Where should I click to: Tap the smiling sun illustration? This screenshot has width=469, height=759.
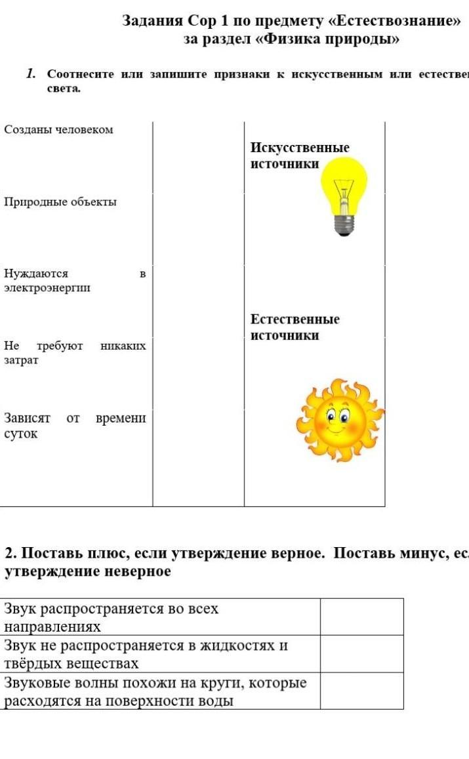338,420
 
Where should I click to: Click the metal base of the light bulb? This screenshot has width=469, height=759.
344,225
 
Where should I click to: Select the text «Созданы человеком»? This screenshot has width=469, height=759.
58,130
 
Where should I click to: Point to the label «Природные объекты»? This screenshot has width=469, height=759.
60,202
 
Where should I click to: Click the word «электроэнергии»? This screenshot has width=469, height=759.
47,287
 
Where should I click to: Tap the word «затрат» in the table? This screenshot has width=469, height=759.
21,360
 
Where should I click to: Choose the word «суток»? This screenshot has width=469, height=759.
21,434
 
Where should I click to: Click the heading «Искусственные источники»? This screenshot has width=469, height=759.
299,155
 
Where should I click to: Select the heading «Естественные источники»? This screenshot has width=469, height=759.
295,327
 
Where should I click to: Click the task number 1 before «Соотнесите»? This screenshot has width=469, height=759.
30,73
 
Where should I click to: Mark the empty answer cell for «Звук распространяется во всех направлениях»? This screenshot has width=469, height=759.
361,617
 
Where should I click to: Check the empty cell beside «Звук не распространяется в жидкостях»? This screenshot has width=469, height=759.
361,653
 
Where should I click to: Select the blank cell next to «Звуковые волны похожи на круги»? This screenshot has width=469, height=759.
361,691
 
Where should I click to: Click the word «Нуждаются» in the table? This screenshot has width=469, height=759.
36,273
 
